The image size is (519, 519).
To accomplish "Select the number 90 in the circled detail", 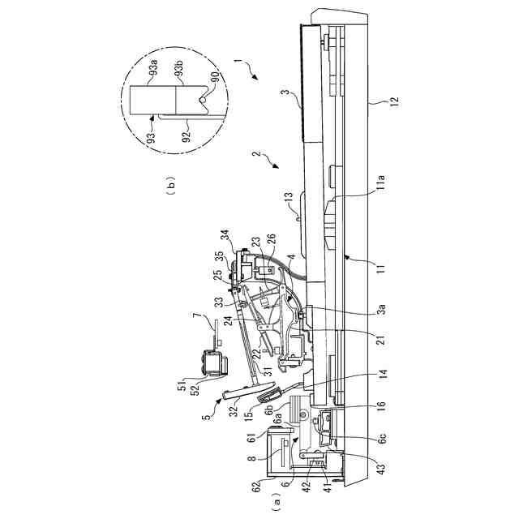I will [215, 80].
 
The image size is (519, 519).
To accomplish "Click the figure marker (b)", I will [170, 187].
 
